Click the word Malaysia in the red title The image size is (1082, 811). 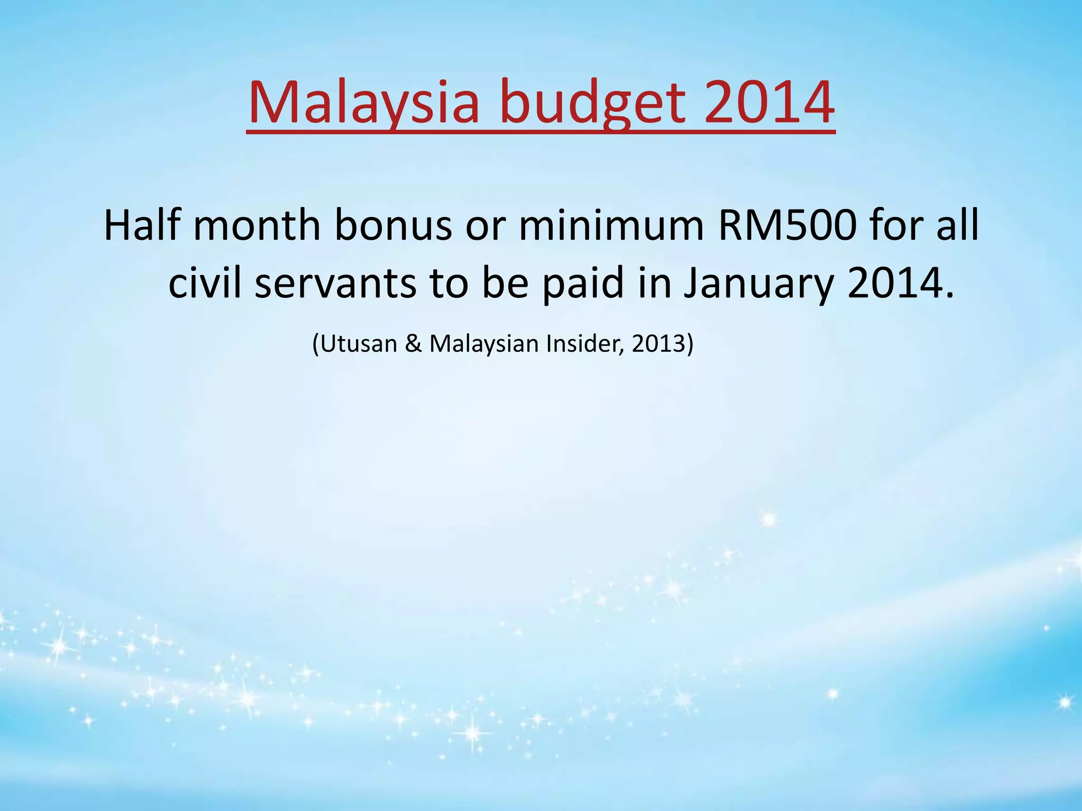(x=363, y=102)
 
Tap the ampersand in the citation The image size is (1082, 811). (x=413, y=344)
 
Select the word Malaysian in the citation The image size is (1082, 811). (x=483, y=344)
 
